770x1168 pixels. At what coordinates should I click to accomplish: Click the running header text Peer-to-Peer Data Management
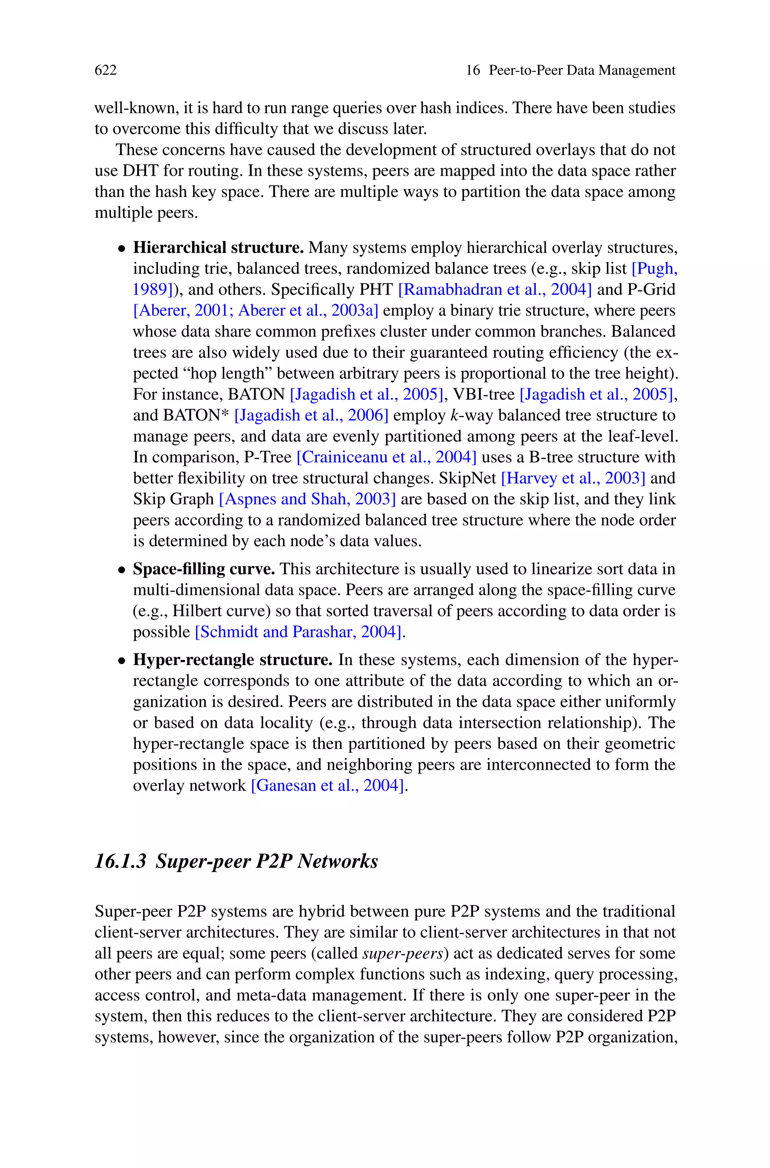[582, 70]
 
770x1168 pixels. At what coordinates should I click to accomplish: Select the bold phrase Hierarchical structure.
[218, 248]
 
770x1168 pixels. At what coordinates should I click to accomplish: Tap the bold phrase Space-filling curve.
[204, 569]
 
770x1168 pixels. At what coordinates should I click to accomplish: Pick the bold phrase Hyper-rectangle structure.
[233, 660]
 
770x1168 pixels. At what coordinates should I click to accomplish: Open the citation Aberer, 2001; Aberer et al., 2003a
[255, 310]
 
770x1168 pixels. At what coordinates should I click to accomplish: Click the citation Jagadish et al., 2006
[311, 416]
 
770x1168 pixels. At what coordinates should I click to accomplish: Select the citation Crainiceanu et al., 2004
[387, 457]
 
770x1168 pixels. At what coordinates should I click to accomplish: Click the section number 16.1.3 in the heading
[121, 861]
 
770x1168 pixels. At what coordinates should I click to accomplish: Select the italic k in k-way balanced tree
[454, 416]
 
